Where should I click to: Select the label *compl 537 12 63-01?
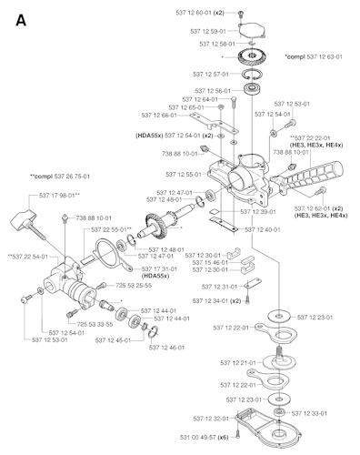[313, 56]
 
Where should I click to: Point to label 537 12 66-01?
[183, 116]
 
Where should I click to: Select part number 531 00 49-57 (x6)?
[196, 438]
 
